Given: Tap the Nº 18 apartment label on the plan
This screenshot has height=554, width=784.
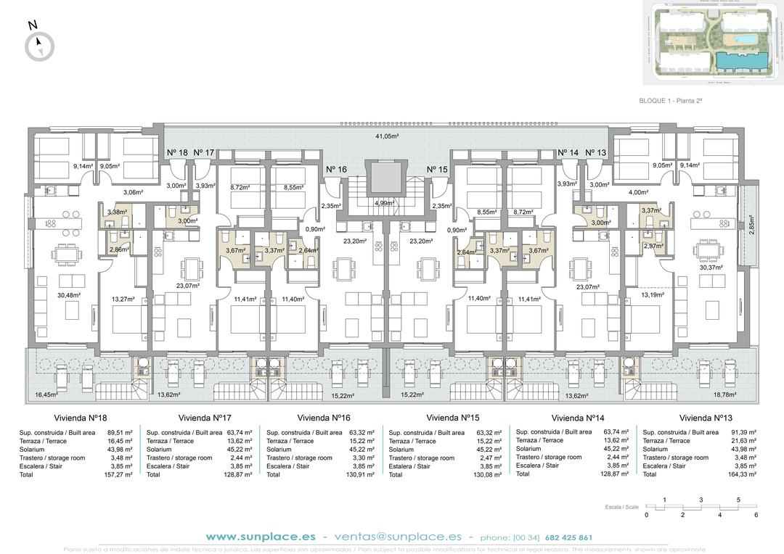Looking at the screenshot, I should [x=178, y=152].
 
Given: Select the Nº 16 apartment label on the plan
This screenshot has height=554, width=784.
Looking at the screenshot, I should [x=336, y=170].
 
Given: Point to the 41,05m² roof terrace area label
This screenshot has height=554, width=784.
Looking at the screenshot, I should [x=387, y=136].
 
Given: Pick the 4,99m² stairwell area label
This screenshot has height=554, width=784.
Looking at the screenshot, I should [x=385, y=204].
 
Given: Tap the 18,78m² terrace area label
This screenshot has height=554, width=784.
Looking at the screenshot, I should [x=725, y=395].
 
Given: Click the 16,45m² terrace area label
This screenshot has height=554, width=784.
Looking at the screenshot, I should [x=46, y=395].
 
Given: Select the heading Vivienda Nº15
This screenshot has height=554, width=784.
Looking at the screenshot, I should [x=453, y=418].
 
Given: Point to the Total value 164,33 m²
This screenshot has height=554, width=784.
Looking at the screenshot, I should [x=741, y=474].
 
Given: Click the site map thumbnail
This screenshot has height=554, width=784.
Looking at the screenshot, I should [x=711, y=40].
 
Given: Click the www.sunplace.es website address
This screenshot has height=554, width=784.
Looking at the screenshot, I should [x=261, y=537].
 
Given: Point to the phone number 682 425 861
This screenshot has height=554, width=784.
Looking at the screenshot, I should [x=568, y=538].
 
